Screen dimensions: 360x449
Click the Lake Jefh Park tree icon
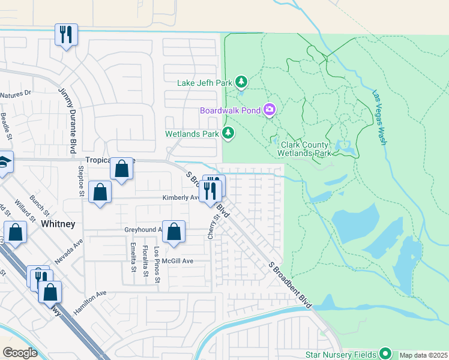[x=241, y=81]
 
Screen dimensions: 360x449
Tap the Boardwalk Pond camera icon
[x=270, y=109]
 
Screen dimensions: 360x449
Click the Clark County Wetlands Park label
[x=306, y=149]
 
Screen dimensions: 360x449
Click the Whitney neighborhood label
[x=58, y=224]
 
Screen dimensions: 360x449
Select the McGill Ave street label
[x=180, y=261]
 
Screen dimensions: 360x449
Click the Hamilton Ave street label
[x=90, y=302]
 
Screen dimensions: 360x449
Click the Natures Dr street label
[x=15, y=94]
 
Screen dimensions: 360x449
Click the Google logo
[x=19, y=353]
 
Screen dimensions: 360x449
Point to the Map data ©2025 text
[x=423, y=355]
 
